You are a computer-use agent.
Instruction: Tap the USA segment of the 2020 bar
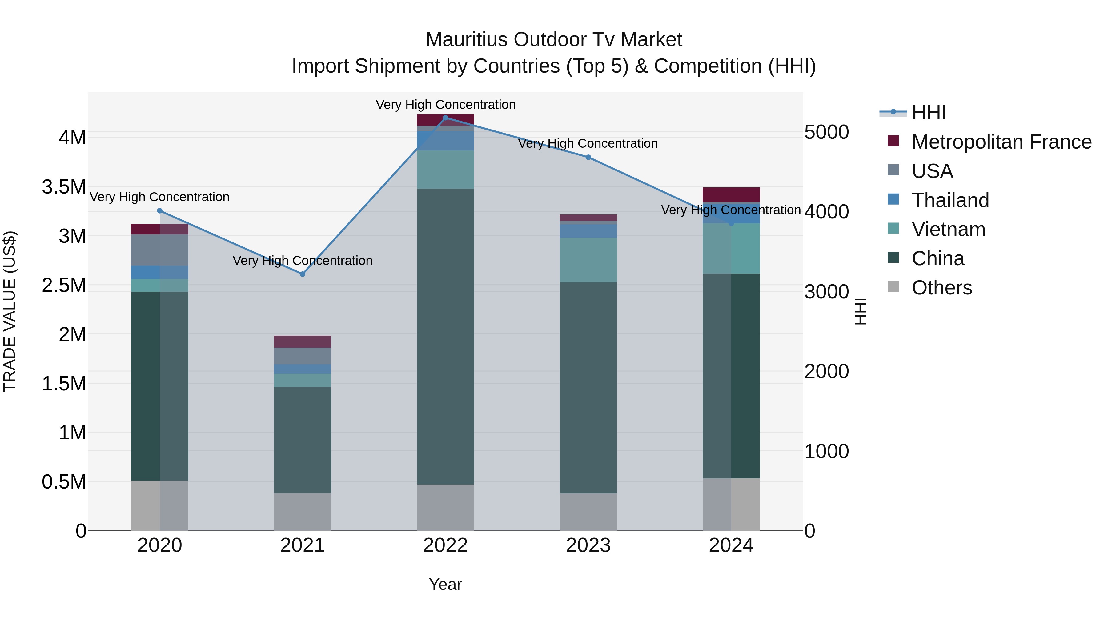click(159, 250)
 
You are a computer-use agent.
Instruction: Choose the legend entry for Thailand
click(950, 200)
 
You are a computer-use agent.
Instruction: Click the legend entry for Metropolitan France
click(1001, 142)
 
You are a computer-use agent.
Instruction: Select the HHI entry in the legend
click(928, 113)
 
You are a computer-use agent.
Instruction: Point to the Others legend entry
click(941, 288)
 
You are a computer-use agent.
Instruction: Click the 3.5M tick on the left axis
click(64, 187)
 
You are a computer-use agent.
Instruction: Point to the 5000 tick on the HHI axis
click(826, 132)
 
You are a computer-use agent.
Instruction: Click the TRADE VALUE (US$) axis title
click(10, 312)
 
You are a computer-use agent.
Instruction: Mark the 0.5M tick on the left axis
click(64, 482)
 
